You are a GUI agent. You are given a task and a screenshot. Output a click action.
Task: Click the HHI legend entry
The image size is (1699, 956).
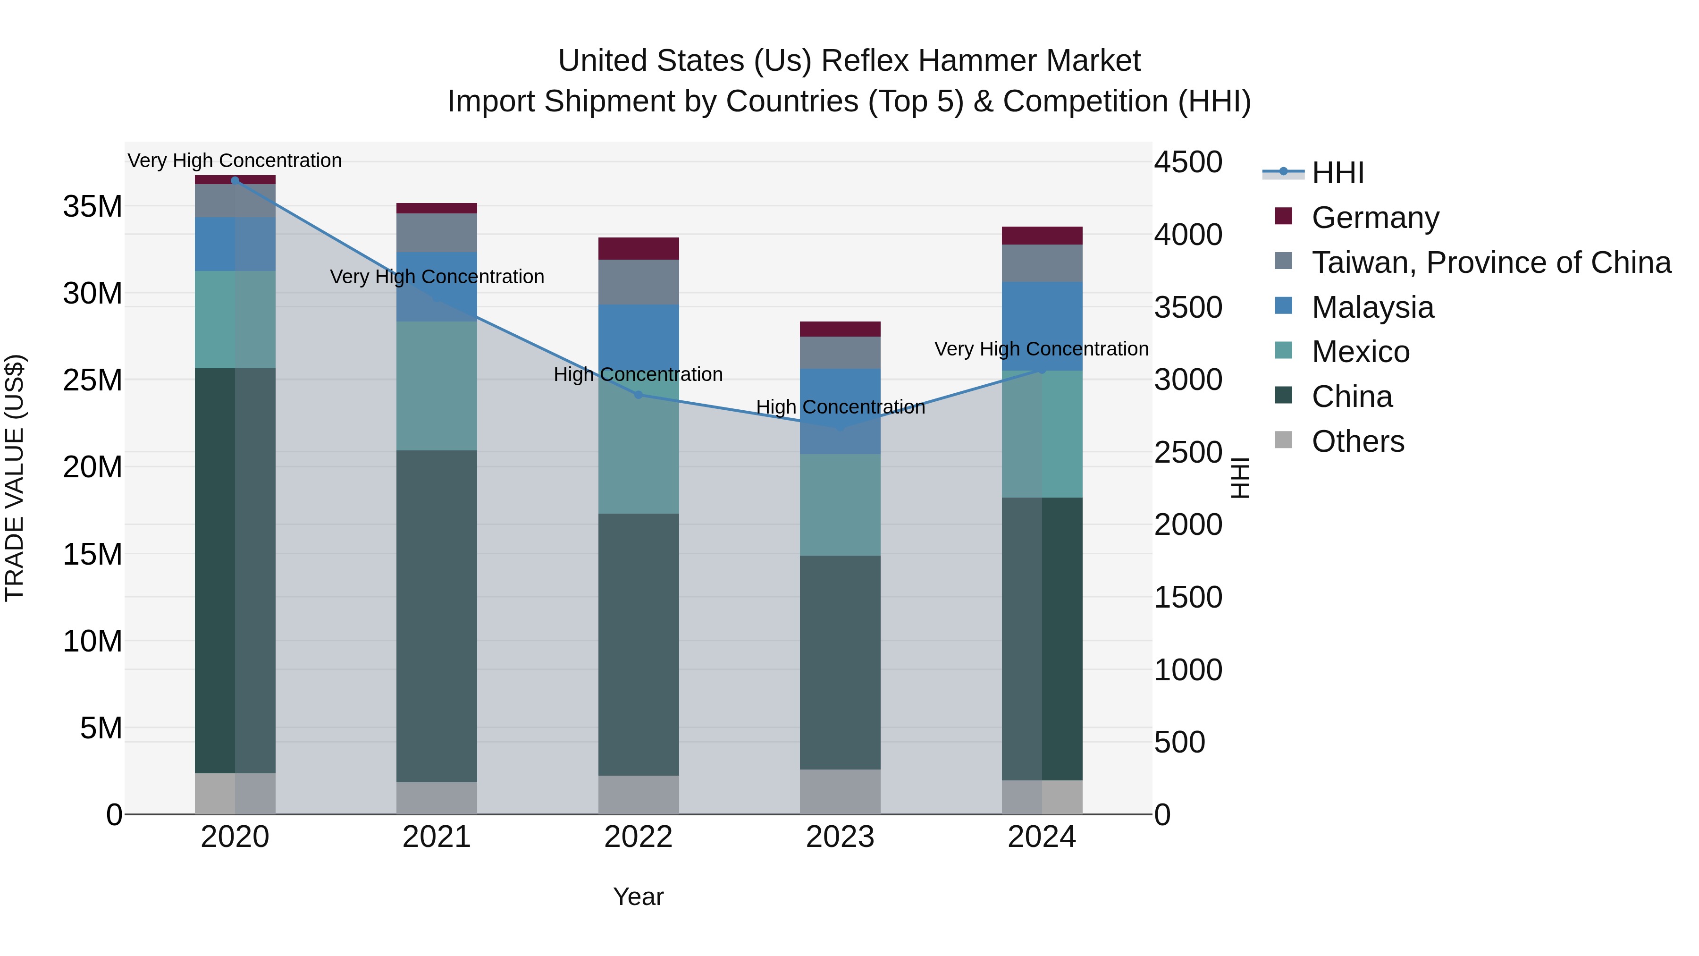click(1337, 173)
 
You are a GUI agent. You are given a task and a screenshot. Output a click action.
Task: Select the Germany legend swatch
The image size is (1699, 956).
click(1284, 216)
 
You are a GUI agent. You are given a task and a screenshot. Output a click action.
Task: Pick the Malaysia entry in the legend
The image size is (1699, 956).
click(1372, 307)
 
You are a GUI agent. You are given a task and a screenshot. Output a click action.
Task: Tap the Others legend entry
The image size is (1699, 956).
click(1357, 441)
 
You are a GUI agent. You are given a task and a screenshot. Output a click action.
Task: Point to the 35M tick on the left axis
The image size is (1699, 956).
click(93, 206)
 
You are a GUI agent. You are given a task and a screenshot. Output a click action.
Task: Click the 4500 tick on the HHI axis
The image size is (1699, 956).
click(1188, 162)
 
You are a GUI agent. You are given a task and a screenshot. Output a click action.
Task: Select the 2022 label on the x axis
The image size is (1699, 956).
click(638, 837)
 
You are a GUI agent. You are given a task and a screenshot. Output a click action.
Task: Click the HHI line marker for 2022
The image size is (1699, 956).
click(638, 395)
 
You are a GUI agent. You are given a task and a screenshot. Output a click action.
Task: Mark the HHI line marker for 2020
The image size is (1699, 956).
click(235, 181)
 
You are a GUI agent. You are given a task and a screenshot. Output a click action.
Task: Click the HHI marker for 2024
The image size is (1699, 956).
click(1042, 370)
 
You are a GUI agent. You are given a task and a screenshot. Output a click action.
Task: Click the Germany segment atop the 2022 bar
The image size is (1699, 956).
click(638, 249)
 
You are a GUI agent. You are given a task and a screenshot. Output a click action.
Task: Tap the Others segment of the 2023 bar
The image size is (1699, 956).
click(840, 792)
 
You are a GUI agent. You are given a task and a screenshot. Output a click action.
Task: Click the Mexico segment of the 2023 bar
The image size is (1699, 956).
click(840, 505)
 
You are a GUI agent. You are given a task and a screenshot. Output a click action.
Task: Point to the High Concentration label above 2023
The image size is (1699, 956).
click(840, 407)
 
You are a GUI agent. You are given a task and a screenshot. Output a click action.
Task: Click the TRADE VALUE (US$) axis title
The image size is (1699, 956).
click(15, 478)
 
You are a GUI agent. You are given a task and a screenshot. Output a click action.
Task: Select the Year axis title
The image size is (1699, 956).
click(638, 897)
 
